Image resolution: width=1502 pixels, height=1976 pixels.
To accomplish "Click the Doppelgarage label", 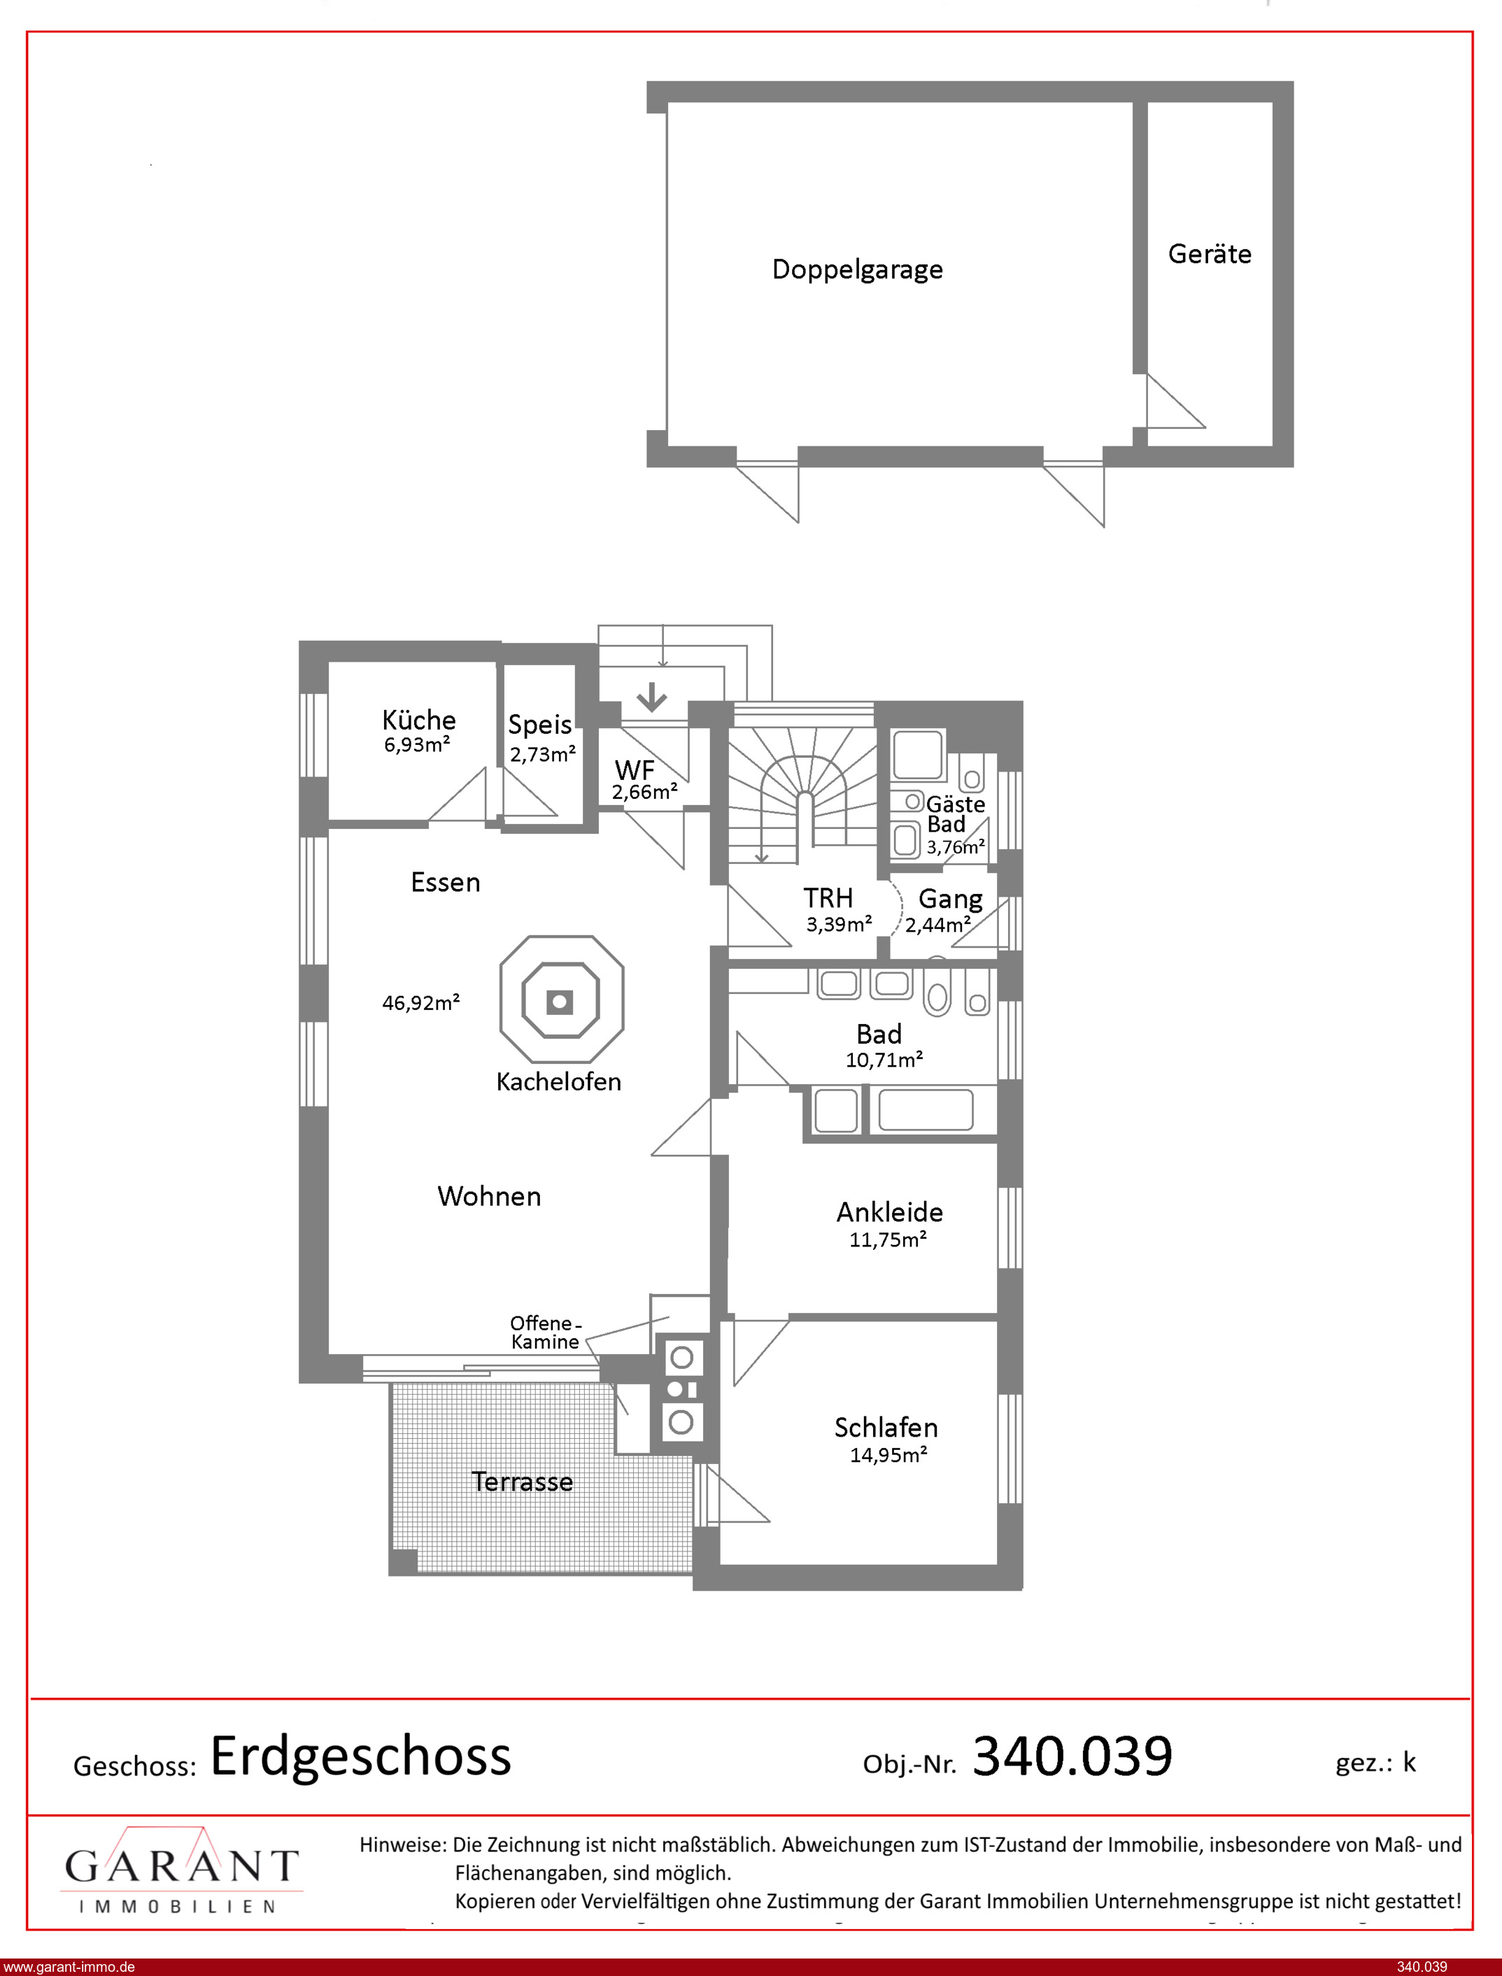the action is [858, 270].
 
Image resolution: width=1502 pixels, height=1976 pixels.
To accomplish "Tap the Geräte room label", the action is [1210, 254].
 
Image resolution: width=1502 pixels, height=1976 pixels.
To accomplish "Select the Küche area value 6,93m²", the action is [418, 744].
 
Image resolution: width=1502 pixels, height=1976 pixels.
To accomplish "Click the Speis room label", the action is [540, 725].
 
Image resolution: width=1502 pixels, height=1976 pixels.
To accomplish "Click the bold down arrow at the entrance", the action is [652, 696].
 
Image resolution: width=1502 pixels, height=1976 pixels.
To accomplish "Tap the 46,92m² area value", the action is [421, 1003].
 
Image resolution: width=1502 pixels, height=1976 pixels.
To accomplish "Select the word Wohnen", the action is [489, 1196].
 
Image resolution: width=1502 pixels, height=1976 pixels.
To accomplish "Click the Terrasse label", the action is [522, 1481].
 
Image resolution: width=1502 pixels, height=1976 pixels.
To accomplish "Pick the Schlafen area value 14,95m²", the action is [888, 1455].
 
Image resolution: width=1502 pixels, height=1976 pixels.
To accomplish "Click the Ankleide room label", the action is [890, 1212].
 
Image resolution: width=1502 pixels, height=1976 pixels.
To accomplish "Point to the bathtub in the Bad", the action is [926, 1110].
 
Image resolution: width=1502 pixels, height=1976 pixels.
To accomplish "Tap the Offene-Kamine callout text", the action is [546, 1332].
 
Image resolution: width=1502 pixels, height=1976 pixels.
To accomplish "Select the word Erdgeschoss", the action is [360, 1756].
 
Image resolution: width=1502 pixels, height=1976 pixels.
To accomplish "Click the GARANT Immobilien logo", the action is [181, 1870].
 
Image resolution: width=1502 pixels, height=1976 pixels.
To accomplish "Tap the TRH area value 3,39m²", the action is [839, 924].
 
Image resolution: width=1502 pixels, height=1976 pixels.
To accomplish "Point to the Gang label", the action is [950, 899].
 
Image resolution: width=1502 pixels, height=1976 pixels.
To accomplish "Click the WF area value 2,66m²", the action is [644, 792].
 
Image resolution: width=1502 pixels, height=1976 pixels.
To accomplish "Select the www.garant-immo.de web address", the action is [69, 1967].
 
